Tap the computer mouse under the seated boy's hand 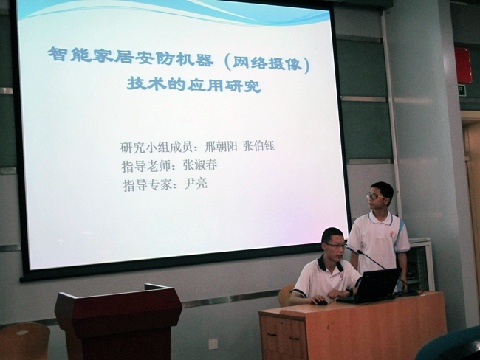[321, 302]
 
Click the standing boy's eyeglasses [374, 197]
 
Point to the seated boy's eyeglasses [336, 246]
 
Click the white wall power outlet [213, 344]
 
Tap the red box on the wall [463, 65]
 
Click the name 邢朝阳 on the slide [221, 147]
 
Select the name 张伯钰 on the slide [258, 146]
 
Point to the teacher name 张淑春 [200, 165]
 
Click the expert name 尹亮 [196, 184]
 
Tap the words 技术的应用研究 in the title [193, 84]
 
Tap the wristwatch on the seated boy [350, 291]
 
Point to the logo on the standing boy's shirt [392, 235]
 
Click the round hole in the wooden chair [22, 333]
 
